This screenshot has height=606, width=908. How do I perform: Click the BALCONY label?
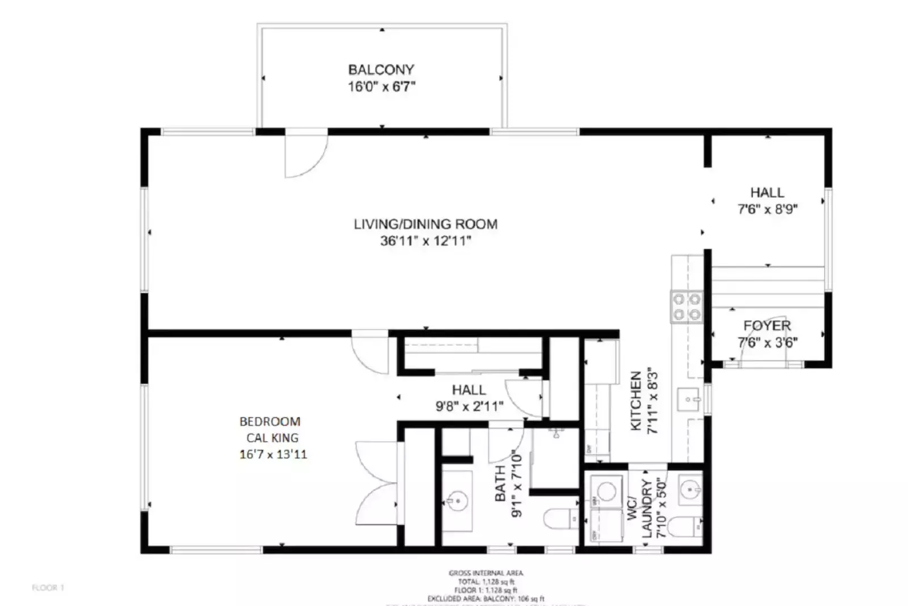pos(381,70)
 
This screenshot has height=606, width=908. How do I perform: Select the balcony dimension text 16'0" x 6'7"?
pos(381,87)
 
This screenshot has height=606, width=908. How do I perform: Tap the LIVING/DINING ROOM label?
pos(425,224)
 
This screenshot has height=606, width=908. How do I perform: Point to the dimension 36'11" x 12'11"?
pos(425,241)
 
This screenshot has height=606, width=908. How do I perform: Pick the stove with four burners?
pos(687,307)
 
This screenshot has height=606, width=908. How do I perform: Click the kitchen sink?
pos(688,400)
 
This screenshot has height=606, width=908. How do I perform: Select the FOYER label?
pos(767,326)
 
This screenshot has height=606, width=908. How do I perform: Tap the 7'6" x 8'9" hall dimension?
pos(767,209)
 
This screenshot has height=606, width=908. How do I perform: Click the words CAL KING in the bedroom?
pos(272,438)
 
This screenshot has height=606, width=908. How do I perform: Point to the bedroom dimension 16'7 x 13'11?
pos(273,454)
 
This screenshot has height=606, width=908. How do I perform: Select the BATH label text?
pos(500,483)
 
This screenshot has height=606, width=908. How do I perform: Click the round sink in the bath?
pos(457,501)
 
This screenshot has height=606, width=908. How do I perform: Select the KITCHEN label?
pos(636,401)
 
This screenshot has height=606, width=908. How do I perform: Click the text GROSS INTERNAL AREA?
pos(486,573)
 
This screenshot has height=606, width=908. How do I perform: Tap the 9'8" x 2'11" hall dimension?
pos(469,406)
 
